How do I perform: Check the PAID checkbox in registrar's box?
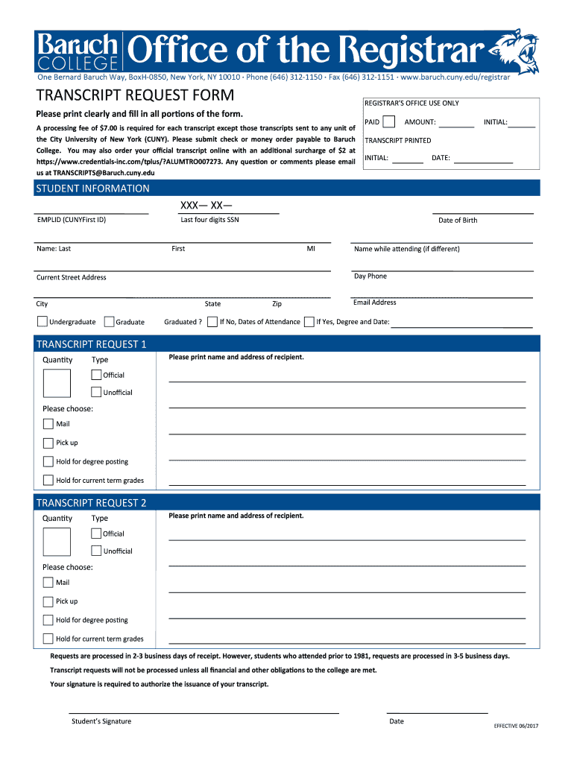pos(388,122)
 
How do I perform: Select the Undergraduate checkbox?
pos(42,322)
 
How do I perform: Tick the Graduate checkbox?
pos(109,322)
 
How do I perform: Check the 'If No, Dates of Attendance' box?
pos(212,322)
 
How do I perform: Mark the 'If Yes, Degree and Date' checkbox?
pos(309,322)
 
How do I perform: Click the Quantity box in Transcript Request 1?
pos(57,384)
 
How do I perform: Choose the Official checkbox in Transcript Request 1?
pos(96,375)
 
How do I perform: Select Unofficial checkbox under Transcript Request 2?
pos(96,551)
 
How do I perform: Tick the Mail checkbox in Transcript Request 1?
pos(48,424)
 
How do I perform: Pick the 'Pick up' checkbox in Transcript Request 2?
pos(48,601)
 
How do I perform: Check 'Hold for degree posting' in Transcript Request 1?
pos(48,462)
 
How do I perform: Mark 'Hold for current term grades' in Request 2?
pos(48,639)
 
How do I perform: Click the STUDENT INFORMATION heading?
pos(92,189)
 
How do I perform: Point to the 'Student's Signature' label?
pos(101,721)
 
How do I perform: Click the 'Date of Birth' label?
pos(458,221)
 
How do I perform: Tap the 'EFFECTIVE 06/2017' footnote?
pos(516,726)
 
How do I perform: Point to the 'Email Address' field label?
pos(375,303)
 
